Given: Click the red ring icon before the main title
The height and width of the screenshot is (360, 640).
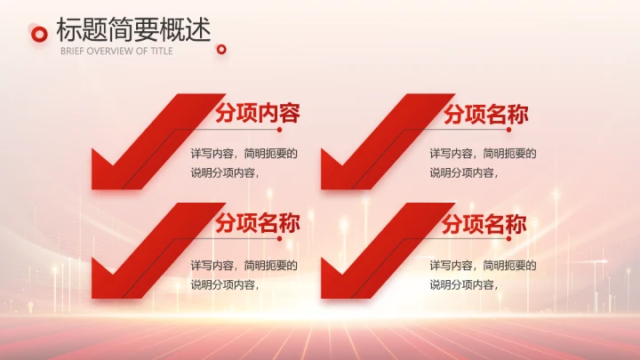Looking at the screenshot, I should coord(38,34).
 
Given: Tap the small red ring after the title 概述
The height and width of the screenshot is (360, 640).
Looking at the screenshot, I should coord(222,49).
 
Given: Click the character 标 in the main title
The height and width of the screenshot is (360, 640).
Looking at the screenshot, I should coord(68,30).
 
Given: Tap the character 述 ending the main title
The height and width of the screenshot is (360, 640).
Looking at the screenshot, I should coord(200,30).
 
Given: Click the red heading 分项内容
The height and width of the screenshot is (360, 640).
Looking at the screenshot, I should coord(257,114).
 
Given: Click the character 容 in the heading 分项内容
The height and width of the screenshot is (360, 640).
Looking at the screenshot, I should coord(288,114).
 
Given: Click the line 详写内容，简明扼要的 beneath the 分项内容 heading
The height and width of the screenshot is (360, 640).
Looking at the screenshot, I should coord(244,154).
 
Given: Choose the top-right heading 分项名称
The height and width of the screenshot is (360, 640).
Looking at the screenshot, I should coord(485,115).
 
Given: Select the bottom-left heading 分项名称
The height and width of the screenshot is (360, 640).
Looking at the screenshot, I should coord(257,224).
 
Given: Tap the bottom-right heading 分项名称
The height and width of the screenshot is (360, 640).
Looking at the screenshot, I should coord(485,224).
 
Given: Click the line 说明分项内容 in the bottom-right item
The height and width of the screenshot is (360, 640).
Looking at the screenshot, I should coord(461,284).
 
